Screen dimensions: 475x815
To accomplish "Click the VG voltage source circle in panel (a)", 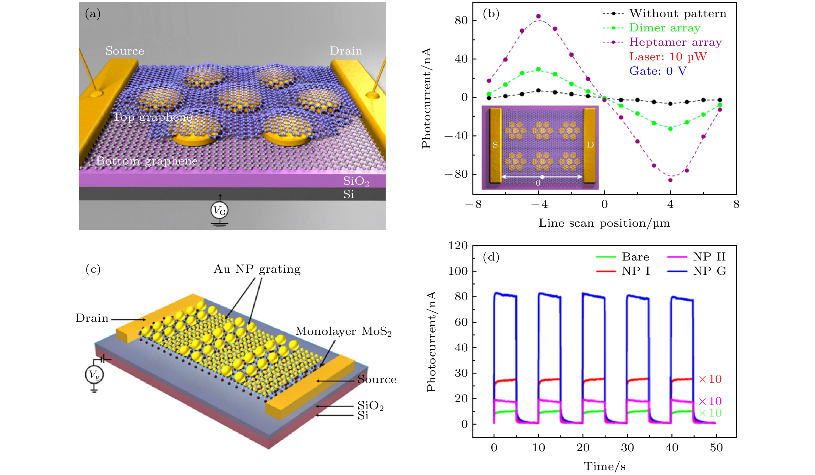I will point(219,211).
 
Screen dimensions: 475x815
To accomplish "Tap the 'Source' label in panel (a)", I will point(125,51).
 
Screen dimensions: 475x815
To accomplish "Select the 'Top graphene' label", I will point(152,117).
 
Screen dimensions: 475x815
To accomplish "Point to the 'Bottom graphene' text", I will point(146,161).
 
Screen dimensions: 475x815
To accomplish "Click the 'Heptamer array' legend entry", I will point(675,42).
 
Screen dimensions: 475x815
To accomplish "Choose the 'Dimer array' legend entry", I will point(665,28).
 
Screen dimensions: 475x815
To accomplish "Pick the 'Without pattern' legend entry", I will point(678,14).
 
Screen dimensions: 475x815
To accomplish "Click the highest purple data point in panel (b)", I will point(538,16).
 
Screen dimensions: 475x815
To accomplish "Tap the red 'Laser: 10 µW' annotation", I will point(668,57).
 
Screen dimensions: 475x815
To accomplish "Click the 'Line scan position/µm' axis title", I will point(604,223).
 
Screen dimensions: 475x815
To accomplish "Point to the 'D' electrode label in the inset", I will point(590,145).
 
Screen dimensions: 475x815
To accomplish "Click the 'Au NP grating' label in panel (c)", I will point(257,269).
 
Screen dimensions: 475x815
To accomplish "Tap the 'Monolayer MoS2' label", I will point(343,331).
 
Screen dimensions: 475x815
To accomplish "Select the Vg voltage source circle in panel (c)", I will point(94,375).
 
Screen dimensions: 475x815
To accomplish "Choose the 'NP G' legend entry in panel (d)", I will point(709,271).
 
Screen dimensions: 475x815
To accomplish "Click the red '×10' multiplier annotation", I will point(710,379).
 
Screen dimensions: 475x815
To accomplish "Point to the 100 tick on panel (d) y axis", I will point(458,271).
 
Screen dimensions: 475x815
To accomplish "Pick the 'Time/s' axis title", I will point(604,466).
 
